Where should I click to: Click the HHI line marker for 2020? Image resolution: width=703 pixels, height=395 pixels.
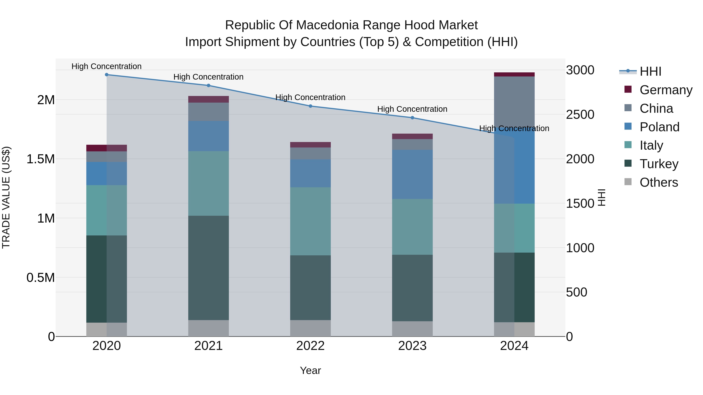[x=107, y=75]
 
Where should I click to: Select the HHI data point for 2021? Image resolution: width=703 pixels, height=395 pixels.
[x=209, y=85]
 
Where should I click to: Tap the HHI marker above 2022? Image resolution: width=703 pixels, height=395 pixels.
[x=310, y=106]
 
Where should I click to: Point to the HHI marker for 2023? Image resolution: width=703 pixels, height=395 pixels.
[x=412, y=118]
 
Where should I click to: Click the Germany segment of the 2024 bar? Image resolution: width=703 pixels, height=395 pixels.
[x=514, y=75]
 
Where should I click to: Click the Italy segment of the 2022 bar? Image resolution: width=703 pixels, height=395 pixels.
[x=310, y=221]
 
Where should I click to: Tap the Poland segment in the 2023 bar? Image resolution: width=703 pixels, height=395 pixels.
[x=412, y=174]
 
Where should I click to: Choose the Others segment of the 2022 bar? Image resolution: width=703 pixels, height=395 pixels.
[x=310, y=328]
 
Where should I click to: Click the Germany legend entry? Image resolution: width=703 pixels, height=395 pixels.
[x=666, y=90]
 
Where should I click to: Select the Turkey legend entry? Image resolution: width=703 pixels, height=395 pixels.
[x=659, y=164]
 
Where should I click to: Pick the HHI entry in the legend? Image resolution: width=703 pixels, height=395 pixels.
[x=650, y=71]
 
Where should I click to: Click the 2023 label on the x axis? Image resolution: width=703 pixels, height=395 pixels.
[x=412, y=346]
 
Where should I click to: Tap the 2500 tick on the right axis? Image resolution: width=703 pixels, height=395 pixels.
[x=580, y=115]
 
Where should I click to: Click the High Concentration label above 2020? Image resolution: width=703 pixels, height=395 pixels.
[x=106, y=66]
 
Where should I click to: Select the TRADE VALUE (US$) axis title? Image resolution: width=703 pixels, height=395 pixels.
[x=6, y=197]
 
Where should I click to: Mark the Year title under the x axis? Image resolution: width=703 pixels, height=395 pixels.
[x=310, y=370]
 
